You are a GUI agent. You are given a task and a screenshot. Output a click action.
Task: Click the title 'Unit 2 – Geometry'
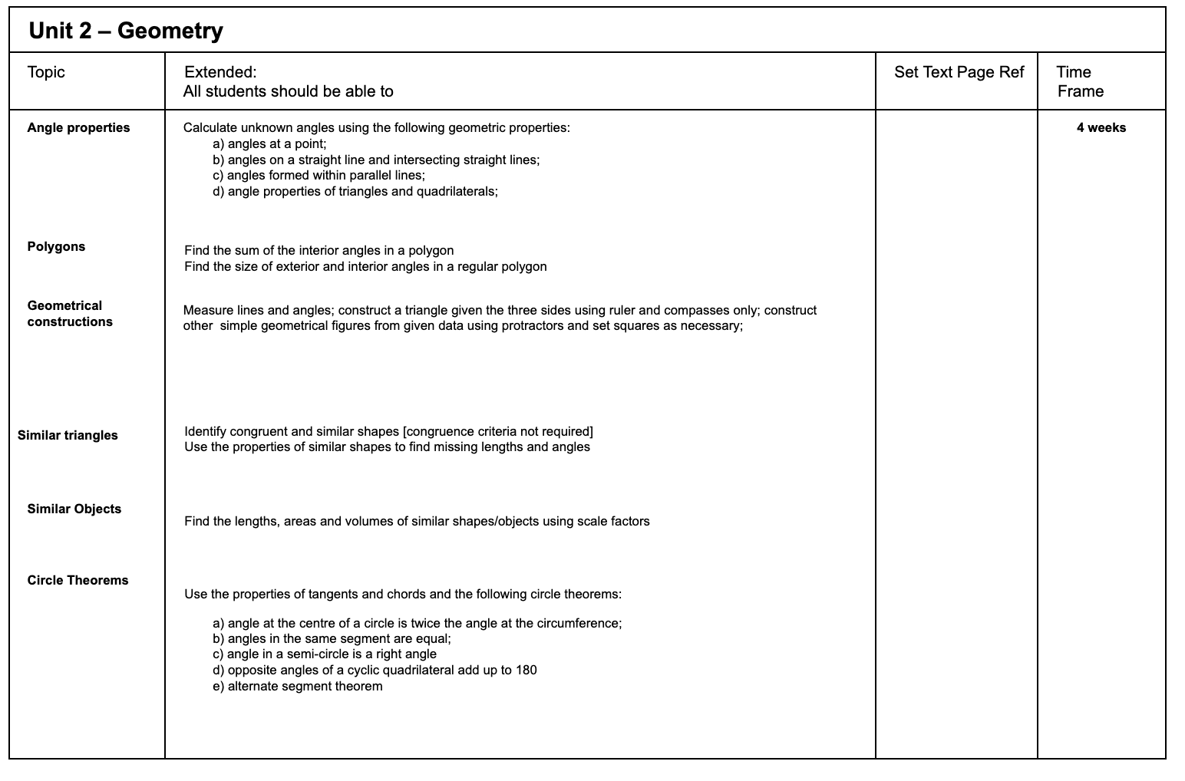tap(125, 31)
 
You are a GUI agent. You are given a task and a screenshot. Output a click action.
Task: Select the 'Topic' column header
tap(46, 72)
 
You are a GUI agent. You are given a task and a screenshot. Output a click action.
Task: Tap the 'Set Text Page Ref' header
tap(959, 72)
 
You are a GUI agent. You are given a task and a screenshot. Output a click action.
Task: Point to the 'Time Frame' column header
tap(1079, 81)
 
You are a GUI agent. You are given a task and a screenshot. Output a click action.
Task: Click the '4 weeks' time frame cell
tap(1101, 128)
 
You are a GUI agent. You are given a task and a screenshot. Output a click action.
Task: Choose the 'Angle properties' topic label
tap(78, 128)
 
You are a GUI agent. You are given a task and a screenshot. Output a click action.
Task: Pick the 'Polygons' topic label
tap(56, 247)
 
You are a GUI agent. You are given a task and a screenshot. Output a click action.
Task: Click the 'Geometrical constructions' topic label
tap(69, 314)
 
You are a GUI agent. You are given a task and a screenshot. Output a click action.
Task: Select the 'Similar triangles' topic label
tap(68, 436)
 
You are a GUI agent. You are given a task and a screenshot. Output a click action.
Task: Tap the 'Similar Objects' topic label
tap(74, 509)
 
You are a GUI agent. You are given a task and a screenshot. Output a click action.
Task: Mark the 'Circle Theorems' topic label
tap(78, 581)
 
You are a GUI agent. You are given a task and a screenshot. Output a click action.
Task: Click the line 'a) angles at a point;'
tap(269, 144)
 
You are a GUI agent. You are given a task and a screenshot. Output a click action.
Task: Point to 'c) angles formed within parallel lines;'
tap(319, 176)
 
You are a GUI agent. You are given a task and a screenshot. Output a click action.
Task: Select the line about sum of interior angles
tap(319, 251)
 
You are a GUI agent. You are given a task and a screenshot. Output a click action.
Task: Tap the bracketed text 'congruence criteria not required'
tap(497, 432)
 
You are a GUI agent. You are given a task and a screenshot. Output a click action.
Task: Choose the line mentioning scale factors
tap(417, 522)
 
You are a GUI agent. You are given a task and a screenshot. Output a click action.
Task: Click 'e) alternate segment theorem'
tap(297, 687)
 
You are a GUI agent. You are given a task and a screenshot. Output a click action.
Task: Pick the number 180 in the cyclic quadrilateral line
tap(526, 671)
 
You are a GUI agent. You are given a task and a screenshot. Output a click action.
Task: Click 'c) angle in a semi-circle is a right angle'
tap(324, 654)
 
